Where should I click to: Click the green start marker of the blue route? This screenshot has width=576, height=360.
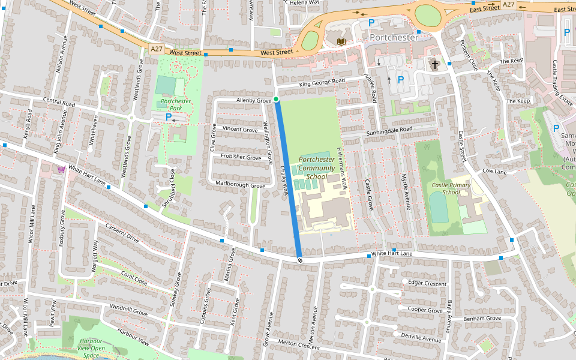(x=276, y=99)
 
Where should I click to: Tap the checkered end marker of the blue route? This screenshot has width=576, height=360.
(x=299, y=260)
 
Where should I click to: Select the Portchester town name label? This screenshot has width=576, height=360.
(x=394, y=37)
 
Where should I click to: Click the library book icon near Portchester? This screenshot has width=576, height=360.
(x=341, y=41)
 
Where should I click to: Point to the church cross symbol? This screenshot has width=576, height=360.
(x=434, y=64)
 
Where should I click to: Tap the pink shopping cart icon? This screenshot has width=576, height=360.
(x=61, y=169)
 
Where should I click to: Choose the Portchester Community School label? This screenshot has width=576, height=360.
(x=317, y=168)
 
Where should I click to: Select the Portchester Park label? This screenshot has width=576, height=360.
(x=176, y=105)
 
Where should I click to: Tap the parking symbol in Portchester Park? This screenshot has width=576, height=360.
(x=169, y=117)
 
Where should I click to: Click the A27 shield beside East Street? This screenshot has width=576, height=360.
(x=509, y=4)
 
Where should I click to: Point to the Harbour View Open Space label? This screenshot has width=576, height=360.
(x=91, y=347)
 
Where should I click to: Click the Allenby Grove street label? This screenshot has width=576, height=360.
(x=254, y=100)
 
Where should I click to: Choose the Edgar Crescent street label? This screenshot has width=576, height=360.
(x=427, y=283)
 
